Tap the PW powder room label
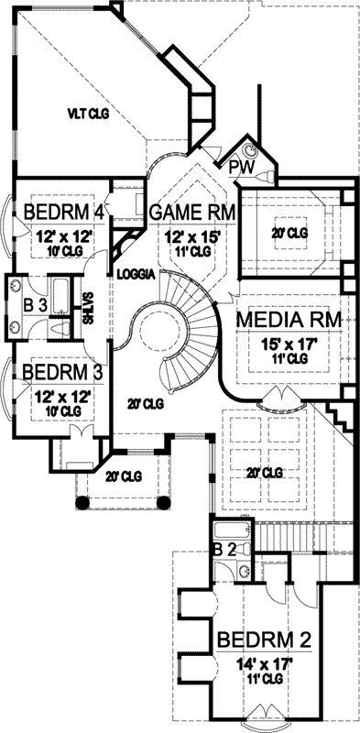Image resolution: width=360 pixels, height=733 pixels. click(241, 166)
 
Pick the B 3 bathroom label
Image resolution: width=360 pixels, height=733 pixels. click(34, 304)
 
